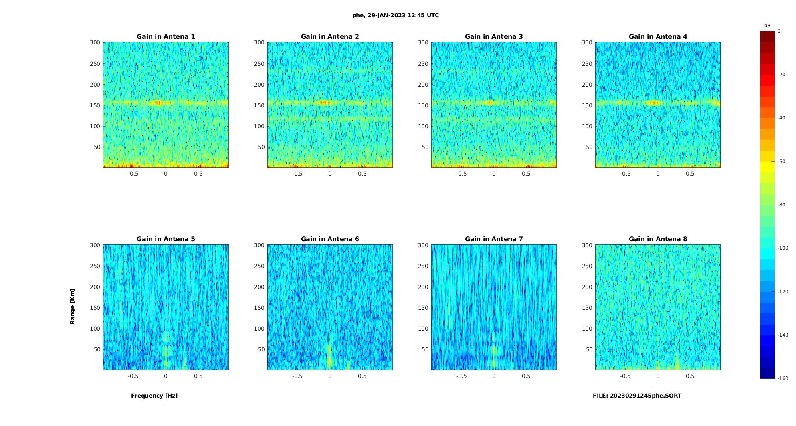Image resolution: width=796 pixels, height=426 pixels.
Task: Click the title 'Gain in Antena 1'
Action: (x=166, y=37)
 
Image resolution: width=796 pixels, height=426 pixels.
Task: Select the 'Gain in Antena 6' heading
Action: (x=330, y=239)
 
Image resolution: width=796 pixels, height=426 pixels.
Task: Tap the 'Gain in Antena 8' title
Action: (x=658, y=239)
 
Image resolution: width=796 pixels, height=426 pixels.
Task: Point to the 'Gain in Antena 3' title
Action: (x=494, y=37)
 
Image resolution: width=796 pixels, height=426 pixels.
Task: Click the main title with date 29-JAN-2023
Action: (x=396, y=16)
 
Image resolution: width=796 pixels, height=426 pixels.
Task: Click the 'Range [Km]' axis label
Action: (x=73, y=307)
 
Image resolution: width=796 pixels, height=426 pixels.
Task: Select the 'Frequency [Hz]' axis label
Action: (x=154, y=396)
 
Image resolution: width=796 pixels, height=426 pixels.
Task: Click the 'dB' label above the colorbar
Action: (x=767, y=26)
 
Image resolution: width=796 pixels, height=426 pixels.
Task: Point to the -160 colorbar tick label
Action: (x=783, y=378)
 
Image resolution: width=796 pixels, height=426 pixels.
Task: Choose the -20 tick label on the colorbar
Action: (x=782, y=75)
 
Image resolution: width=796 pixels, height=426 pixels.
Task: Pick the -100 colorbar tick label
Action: (x=783, y=248)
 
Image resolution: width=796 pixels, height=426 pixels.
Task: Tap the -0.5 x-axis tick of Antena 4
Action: (x=625, y=174)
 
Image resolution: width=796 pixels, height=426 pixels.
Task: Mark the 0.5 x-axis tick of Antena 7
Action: (x=526, y=376)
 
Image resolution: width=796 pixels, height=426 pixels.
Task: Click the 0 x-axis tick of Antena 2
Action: (x=330, y=174)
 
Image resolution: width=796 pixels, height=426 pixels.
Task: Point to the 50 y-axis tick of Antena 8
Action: (x=589, y=349)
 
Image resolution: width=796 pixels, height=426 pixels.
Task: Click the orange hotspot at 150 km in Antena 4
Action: (x=653, y=103)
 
